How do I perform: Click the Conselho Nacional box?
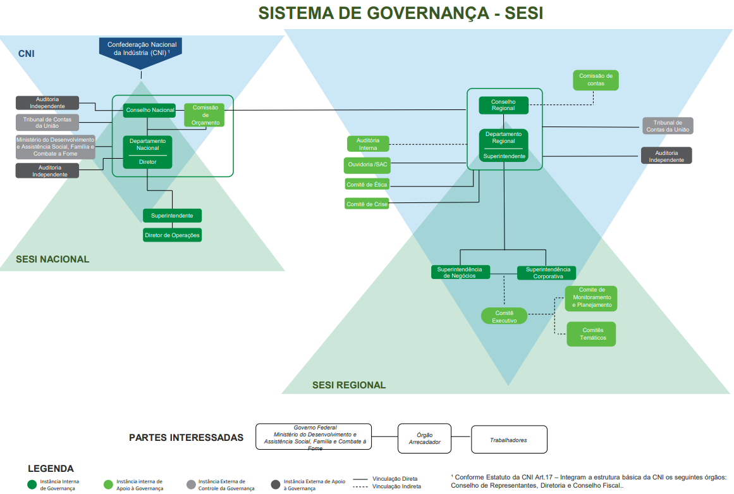click(x=150, y=110)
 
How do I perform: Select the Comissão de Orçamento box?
click(x=205, y=115)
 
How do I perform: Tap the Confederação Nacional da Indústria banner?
click(x=141, y=49)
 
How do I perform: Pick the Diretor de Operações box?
click(x=172, y=235)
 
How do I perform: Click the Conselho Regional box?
click(x=503, y=105)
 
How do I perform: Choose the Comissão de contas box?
click(x=595, y=80)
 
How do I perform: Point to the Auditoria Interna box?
click(x=368, y=144)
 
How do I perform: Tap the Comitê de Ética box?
click(x=367, y=184)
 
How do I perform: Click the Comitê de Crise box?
click(x=367, y=204)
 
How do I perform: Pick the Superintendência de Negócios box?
click(x=460, y=273)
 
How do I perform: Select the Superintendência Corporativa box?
click(x=547, y=273)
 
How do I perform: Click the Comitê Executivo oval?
click(x=504, y=316)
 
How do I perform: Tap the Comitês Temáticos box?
click(x=590, y=334)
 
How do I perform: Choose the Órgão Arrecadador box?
click(x=424, y=438)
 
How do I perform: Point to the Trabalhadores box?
click(x=509, y=439)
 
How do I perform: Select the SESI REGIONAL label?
click(x=348, y=385)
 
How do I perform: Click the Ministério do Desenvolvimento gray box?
click(x=56, y=147)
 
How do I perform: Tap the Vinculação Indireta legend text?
click(x=395, y=486)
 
